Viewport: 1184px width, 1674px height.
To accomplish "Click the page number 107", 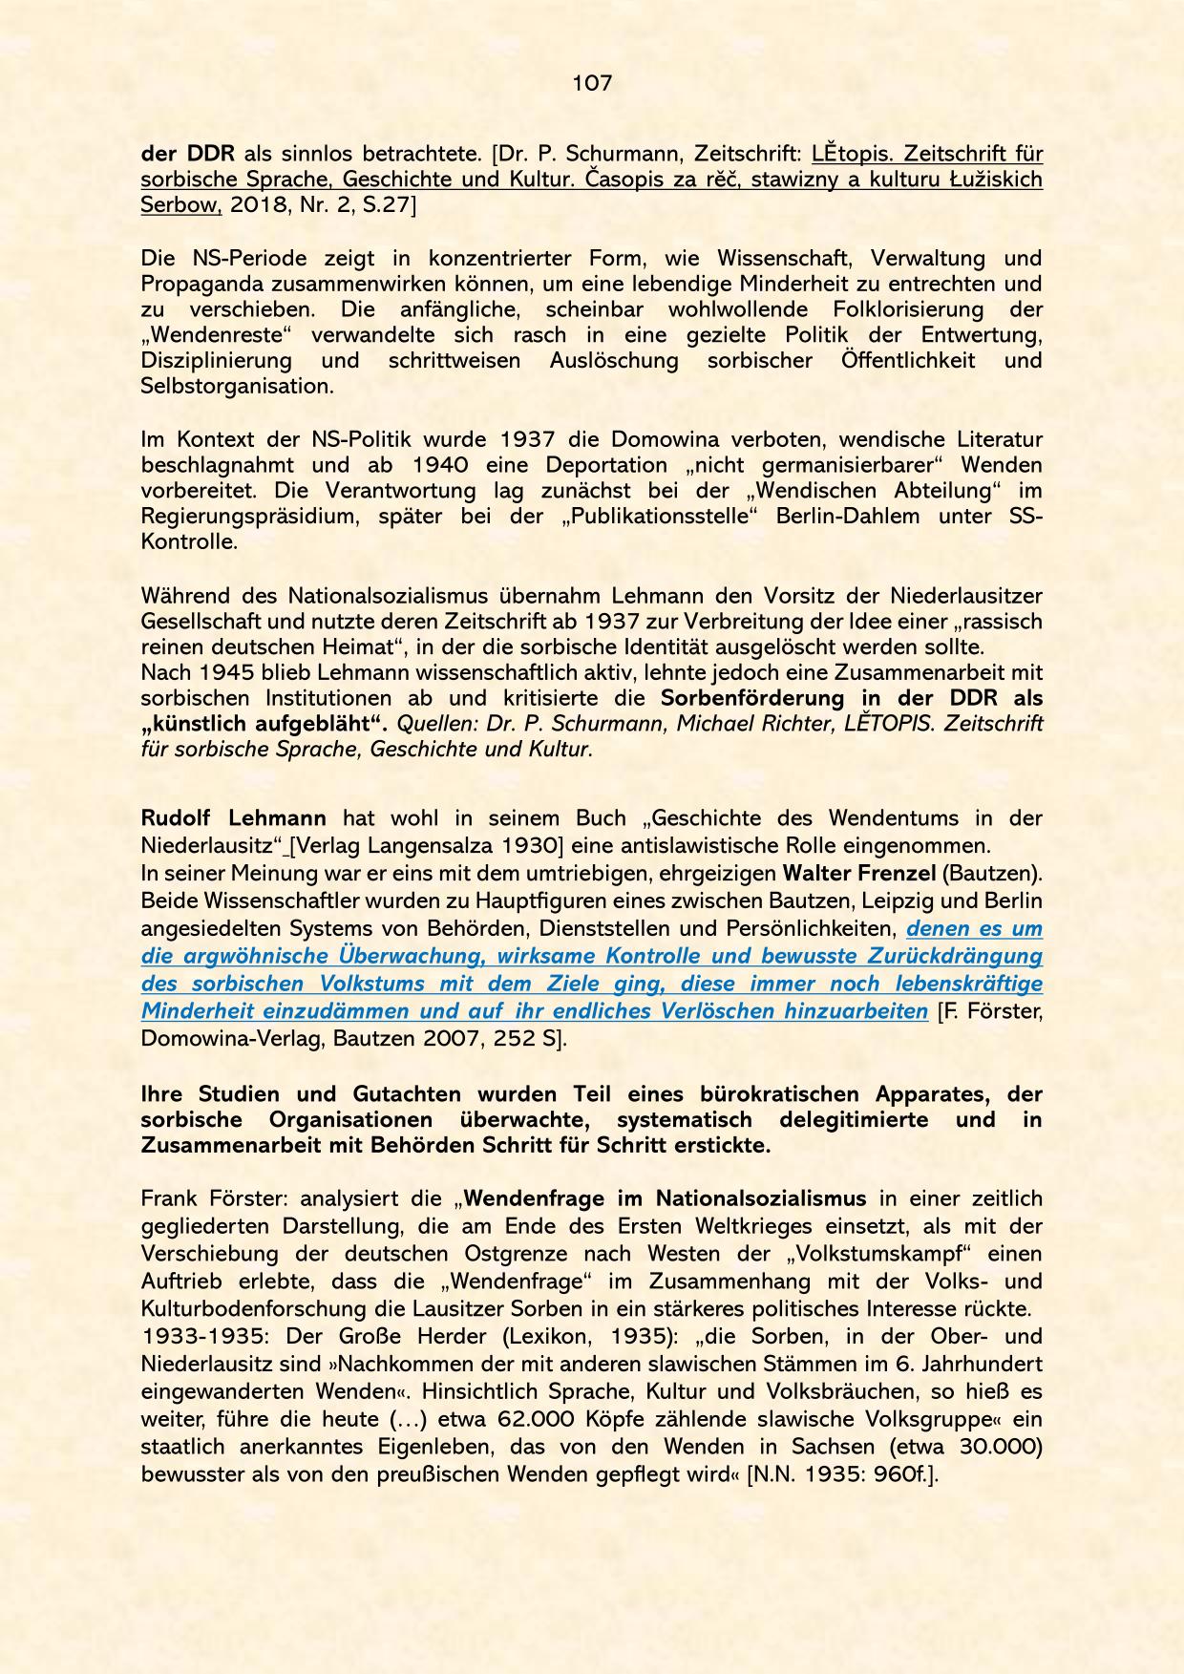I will [592, 83].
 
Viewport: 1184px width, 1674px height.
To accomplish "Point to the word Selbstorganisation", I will [237, 387].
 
